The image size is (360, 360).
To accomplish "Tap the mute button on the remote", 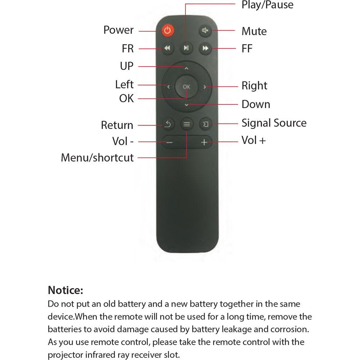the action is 205,30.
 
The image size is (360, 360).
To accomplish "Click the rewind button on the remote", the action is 167,48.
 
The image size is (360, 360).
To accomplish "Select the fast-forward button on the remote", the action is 205,48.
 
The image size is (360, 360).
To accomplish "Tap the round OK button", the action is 186,86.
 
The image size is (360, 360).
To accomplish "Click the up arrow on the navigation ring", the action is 186,68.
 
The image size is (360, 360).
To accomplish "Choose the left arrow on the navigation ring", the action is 168,87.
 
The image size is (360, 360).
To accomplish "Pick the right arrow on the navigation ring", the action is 204,87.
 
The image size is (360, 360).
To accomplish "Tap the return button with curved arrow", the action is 168,124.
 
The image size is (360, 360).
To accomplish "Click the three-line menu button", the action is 186,124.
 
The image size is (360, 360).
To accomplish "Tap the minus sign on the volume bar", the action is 169,142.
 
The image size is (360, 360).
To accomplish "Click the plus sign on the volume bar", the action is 204,142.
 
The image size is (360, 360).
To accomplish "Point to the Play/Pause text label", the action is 267,5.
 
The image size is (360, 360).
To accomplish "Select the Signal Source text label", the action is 274,123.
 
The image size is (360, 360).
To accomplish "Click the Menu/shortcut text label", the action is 97,158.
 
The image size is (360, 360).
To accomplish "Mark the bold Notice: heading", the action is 66,290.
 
